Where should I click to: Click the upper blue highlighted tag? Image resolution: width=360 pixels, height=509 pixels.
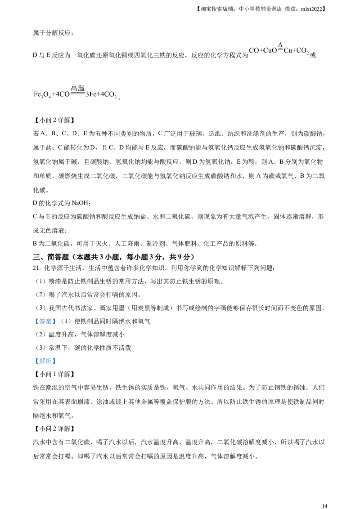pyautogui.click(x=45, y=322)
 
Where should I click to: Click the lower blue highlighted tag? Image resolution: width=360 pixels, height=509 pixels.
pyautogui.click(x=45, y=362)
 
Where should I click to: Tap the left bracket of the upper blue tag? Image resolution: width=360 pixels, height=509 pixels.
pyautogui.click(x=34, y=322)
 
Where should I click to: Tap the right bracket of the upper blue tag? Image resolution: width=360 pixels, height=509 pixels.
pyautogui.click(x=55, y=322)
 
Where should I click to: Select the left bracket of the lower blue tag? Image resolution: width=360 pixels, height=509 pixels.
pyautogui.click(x=34, y=362)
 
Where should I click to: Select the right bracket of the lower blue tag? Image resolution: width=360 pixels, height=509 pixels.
pyautogui.click(x=55, y=362)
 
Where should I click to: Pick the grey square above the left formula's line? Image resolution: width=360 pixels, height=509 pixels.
pyautogui.click(x=71, y=84)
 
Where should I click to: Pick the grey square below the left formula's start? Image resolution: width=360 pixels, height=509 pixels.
pyautogui.click(x=45, y=98)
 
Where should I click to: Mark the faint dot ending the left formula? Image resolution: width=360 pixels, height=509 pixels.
pyautogui.click(x=117, y=96)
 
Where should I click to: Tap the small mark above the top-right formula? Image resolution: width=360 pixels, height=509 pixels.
pyautogui.click(x=279, y=42)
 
